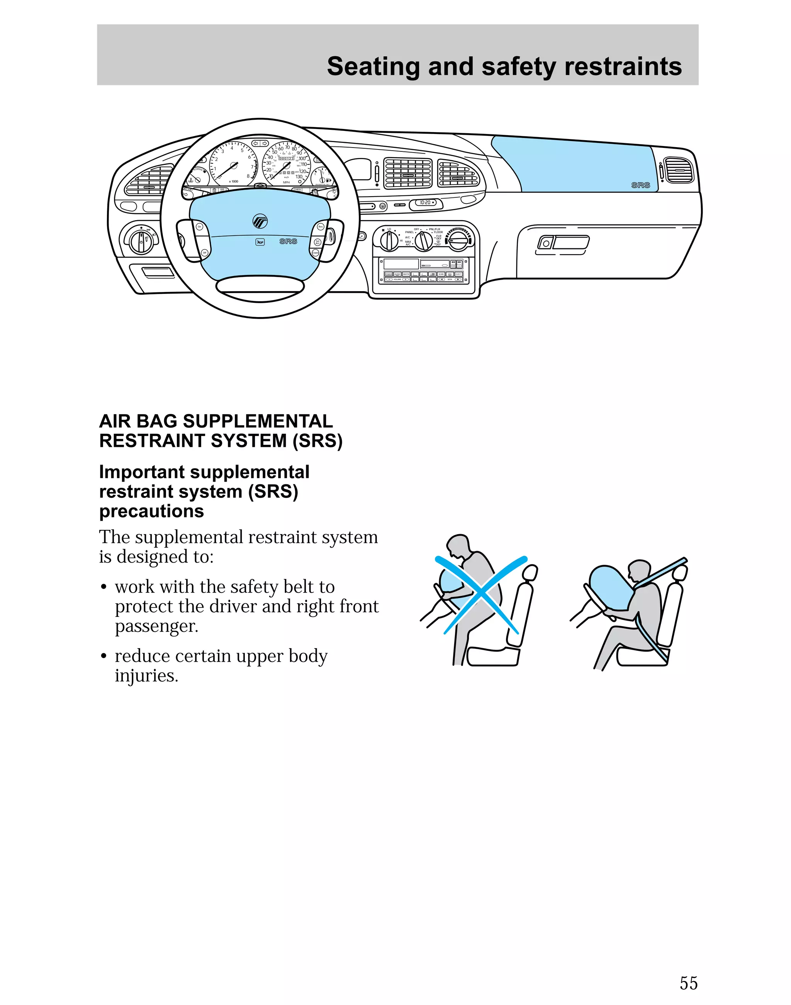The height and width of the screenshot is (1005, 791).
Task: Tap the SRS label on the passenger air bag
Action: tap(640, 185)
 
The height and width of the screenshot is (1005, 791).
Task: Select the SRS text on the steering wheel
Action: tap(288, 241)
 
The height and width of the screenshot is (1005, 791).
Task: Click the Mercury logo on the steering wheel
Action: tap(260, 221)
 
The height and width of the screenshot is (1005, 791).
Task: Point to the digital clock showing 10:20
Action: tap(426, 203)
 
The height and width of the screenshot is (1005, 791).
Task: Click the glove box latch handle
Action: tap(563, 242)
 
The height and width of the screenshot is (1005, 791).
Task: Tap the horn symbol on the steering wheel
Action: tap(260, 242)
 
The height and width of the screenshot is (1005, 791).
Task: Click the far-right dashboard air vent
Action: tap(679, 170)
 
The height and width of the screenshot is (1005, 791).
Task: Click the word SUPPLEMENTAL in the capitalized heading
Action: tap(258, 421)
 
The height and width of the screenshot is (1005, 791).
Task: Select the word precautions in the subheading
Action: tap(151, 511)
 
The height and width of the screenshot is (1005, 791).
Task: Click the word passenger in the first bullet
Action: tap(156, 626)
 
